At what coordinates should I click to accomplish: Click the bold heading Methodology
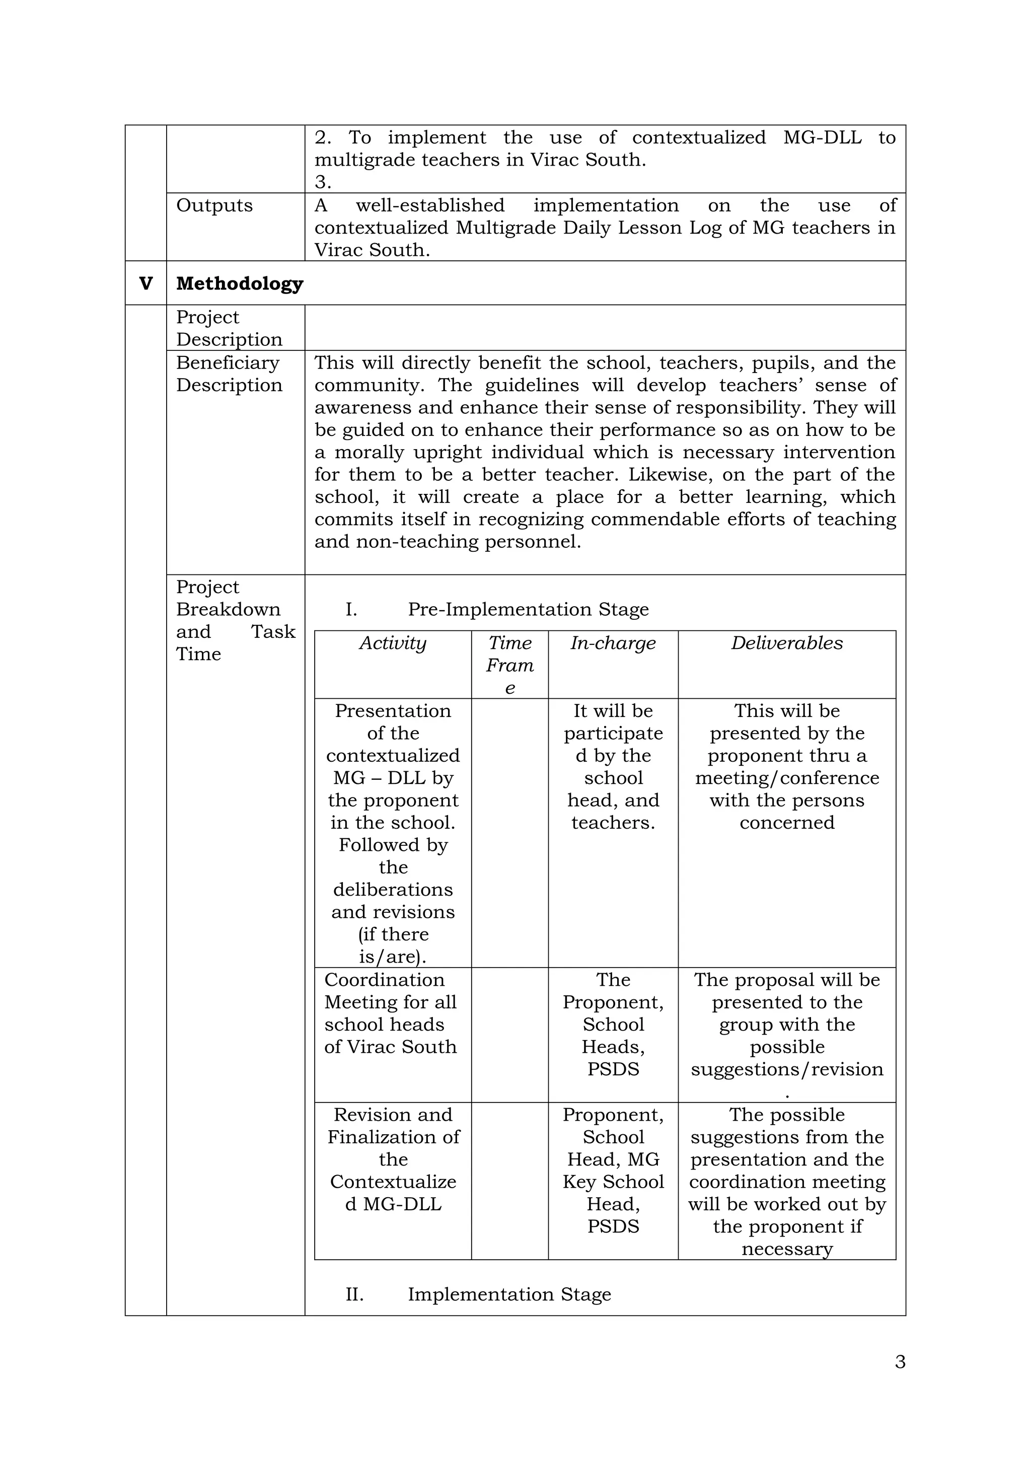click(239, 283)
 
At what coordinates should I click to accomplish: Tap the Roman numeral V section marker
click(145, 283)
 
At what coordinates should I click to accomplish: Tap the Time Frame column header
click(510, 665)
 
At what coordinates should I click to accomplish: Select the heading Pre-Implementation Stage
click(528, 609)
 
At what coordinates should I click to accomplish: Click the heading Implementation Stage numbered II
click(509, 1294)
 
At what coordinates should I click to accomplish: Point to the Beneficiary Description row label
click(229, 374)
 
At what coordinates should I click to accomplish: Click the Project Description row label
click(229, 328)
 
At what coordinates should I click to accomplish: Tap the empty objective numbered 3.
click(323, 182)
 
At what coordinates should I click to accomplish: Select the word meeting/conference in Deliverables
click(786, 778)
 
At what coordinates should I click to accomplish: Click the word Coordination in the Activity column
click(384, 980)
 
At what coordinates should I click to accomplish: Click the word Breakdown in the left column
click(228, 609)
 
